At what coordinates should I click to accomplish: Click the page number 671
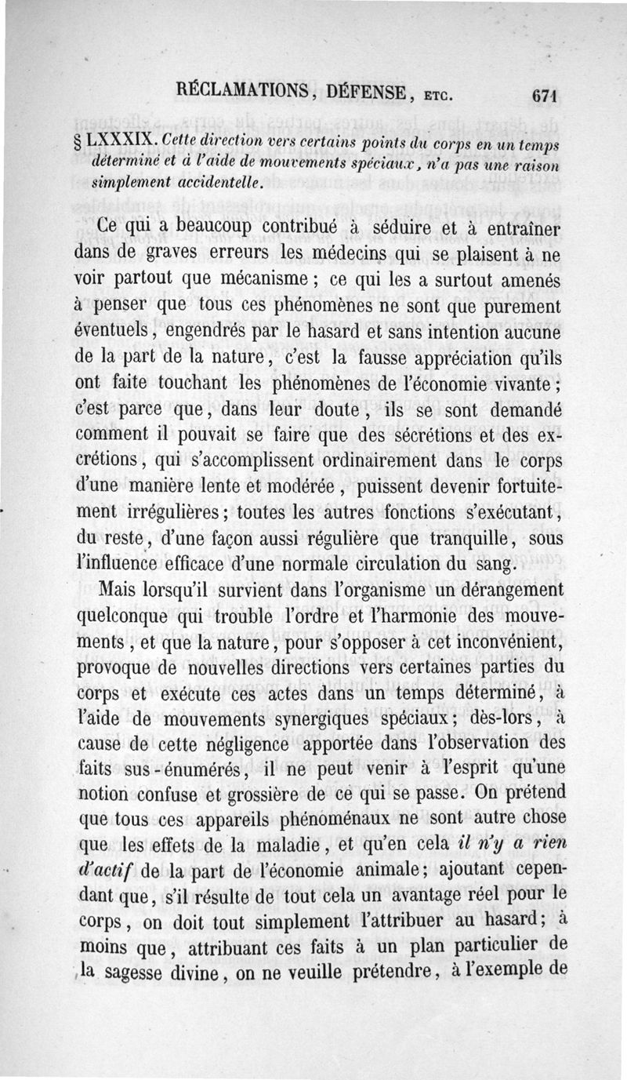tap(543, 96)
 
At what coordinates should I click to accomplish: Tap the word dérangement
tap(496, 590)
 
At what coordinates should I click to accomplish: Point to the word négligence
tap(241, 744)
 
